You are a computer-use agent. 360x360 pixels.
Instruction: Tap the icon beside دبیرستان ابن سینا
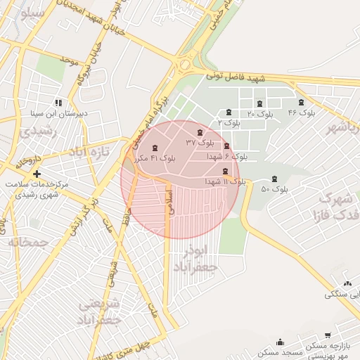tap(58, 102)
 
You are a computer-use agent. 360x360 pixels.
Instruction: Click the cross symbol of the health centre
tap(37, 173)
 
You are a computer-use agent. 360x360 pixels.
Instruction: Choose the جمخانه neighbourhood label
tap(27, 242)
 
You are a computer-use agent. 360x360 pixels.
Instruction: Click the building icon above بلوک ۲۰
tap(259, 103)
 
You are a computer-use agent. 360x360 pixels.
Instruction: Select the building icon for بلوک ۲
tap(229, 112)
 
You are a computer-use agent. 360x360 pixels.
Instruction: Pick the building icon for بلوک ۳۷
tap(200, 132)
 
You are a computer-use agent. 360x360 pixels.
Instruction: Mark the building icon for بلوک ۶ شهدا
tap(226, 146)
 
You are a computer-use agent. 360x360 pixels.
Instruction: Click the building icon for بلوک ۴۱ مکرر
tap(155, 148)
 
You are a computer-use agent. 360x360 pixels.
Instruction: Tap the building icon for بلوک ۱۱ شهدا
tap(225, 172)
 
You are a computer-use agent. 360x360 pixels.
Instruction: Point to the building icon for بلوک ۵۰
tap(274, 179)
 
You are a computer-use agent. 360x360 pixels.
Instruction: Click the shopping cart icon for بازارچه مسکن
tap(328, 337)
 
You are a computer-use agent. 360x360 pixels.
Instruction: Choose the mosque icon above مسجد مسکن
tap(281, 342)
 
